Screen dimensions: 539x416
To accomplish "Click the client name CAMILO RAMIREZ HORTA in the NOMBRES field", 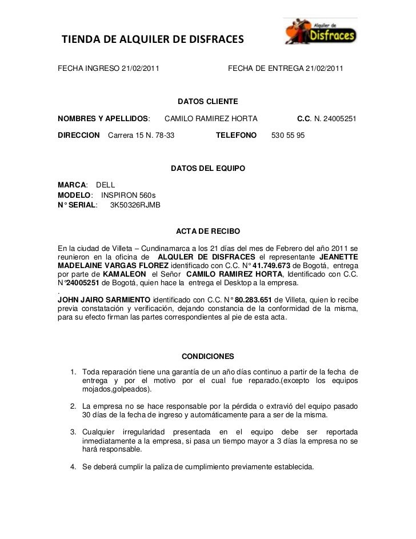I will (211, 119).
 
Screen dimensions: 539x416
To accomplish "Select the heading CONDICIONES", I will (207, 356).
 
